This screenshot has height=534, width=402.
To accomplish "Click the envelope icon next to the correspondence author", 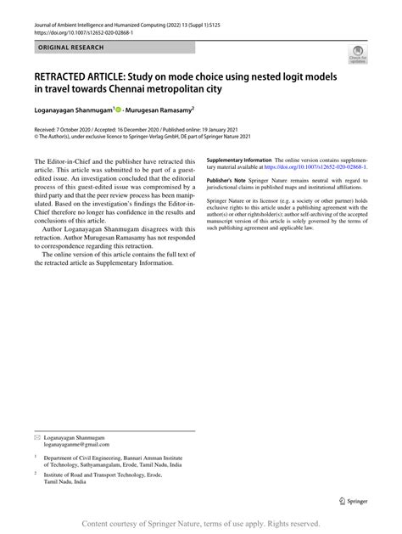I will pos(36,436).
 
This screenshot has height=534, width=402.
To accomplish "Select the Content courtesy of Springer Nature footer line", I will pos(201,523).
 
